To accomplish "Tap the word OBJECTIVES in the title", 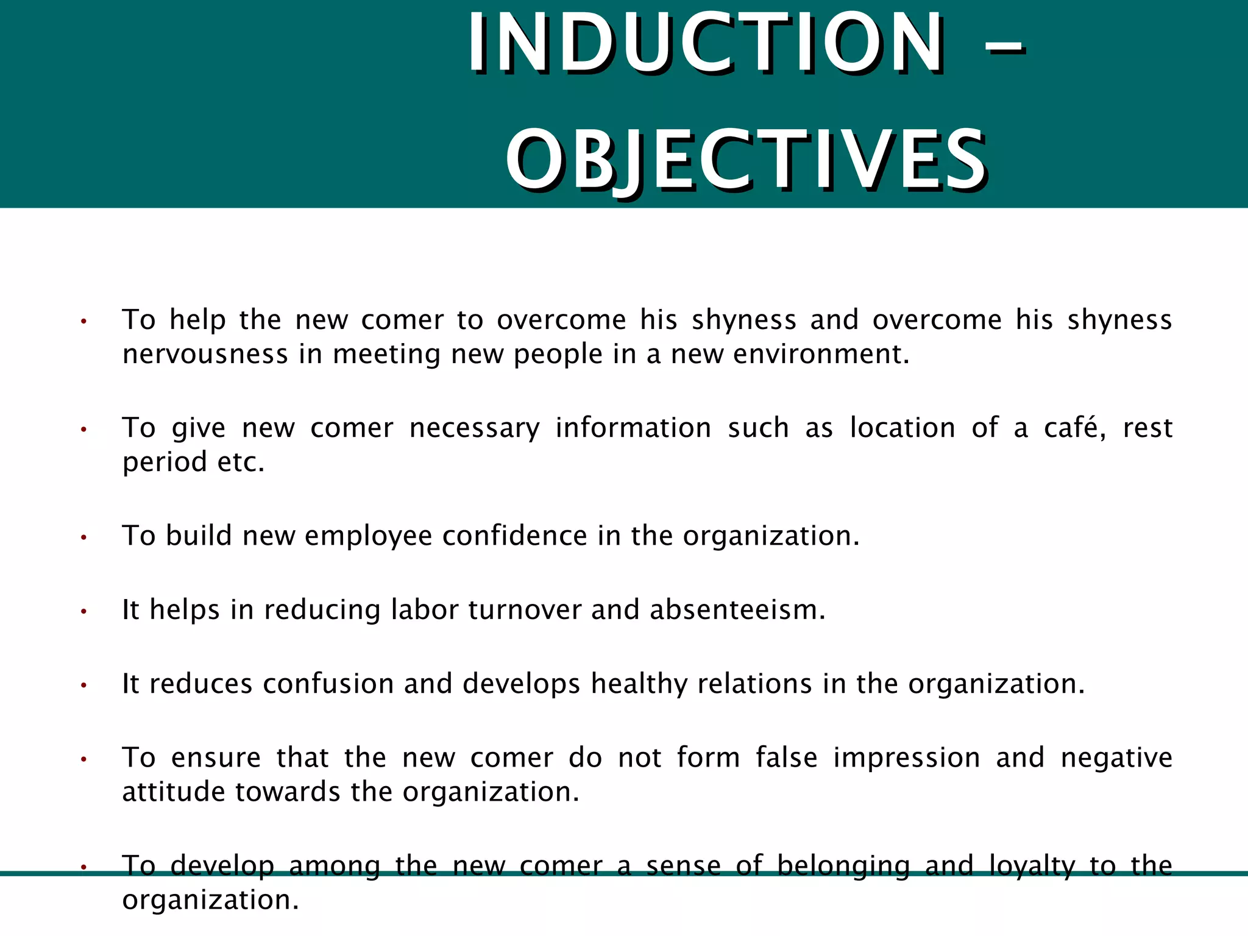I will (746, 160).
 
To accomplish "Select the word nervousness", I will (205, 354).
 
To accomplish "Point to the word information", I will (633, 427).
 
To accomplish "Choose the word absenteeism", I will (737, 609).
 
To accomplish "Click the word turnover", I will (525, 609).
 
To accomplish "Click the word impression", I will (907, 758).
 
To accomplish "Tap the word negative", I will (1116, 758).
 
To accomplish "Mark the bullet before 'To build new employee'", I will (84, 537).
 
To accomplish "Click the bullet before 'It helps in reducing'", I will (84, 611).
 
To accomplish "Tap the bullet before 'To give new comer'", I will (84, 430).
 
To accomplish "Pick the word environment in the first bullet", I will (821, 354).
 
